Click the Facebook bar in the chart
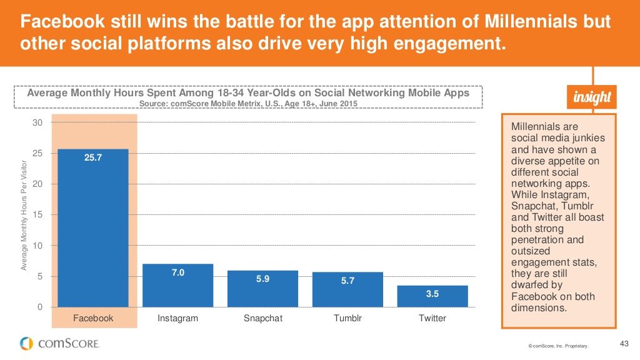tap(93, 228)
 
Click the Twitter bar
tap(432, 296)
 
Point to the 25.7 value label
tap(92, 157)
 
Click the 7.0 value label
tap(178, 272)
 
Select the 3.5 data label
tap(432, 293)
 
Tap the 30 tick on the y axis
tap(37, 122)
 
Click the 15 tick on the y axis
tap(37, 215)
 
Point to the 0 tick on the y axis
tap(40, 307)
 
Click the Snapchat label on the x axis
tap(263, 318)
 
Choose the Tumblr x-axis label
tap(347, 318)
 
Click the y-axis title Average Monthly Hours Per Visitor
tap(24, 216)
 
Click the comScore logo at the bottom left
tap(59, 343)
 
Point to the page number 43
tap(622, 342)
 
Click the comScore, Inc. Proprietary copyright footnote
tap(557, 345)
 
